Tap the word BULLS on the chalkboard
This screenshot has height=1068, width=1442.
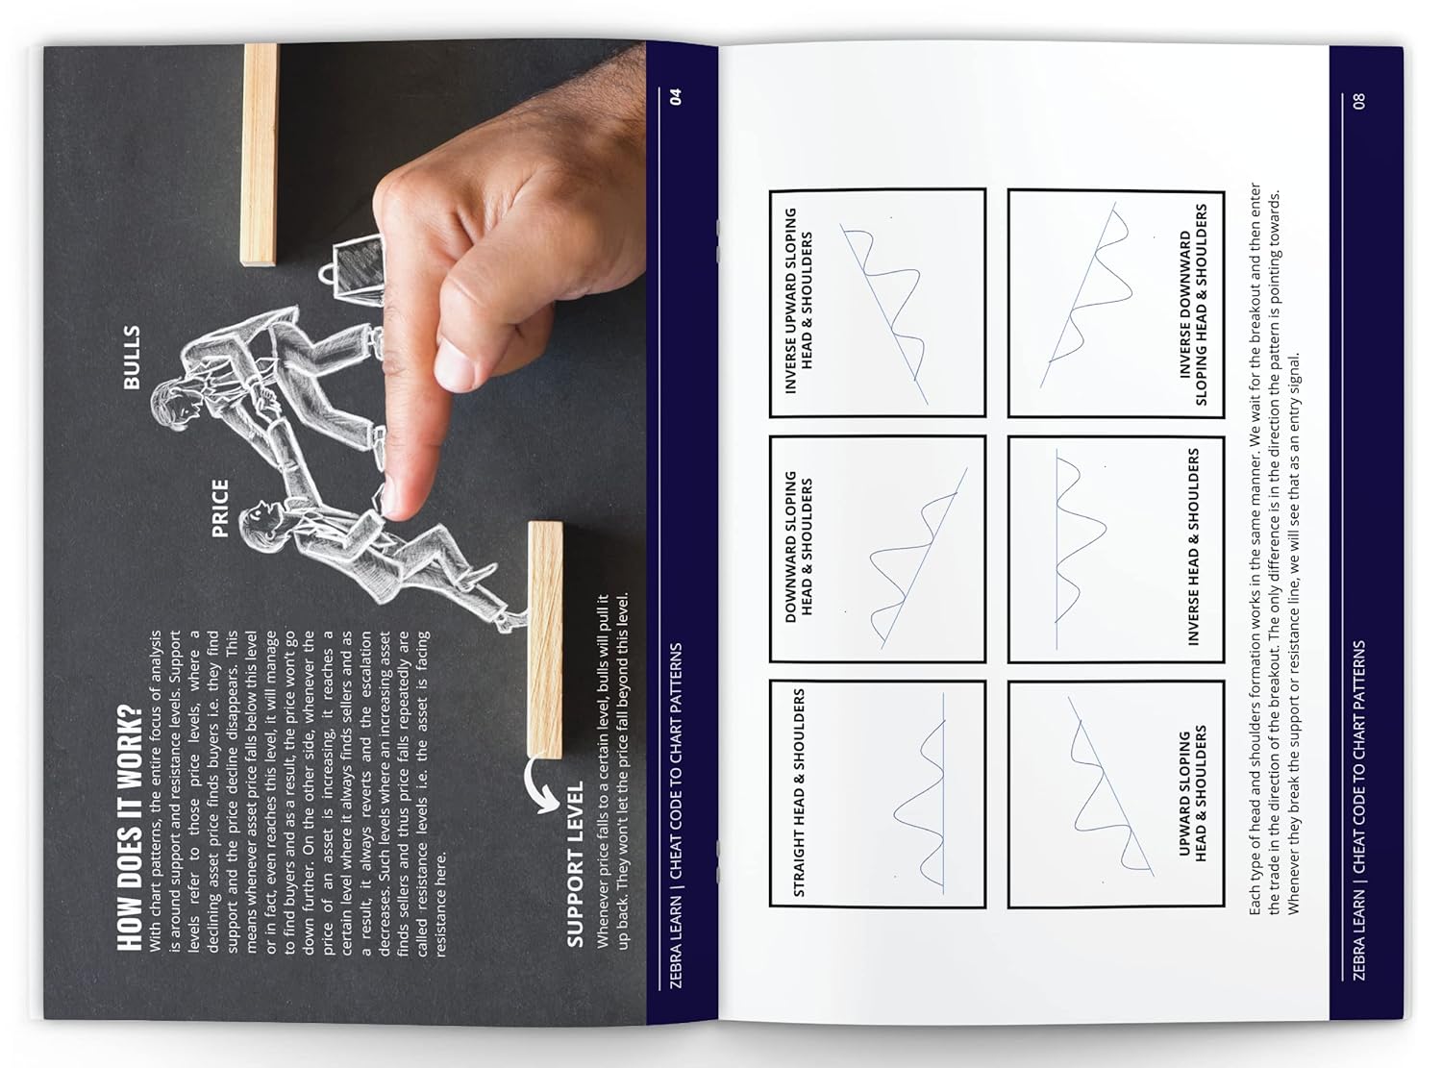[x=132, y=357]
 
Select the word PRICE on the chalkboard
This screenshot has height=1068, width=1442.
[x=219, y=508]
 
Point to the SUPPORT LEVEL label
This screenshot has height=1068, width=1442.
[x=575, y=863]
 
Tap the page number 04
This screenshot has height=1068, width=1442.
[x=676, y=96]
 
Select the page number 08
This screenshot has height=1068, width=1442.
[x=1358, y=100]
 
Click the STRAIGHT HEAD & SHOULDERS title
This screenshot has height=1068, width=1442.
[x=798, y=793]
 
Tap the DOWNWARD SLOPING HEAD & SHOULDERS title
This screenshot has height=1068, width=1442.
[x=798, y=547]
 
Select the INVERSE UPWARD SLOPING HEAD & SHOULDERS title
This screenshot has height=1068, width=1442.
[x=798, y=300]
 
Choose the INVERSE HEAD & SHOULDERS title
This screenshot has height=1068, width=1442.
[x=1193, y=546]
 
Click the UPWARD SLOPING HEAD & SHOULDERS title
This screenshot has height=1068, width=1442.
[x=1192, y=794]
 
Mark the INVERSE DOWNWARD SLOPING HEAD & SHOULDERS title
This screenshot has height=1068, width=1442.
[x=1192, y=304]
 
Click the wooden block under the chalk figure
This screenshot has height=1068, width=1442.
[x=545, y=639]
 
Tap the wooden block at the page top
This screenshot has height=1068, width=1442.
[x=260, y=154]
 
